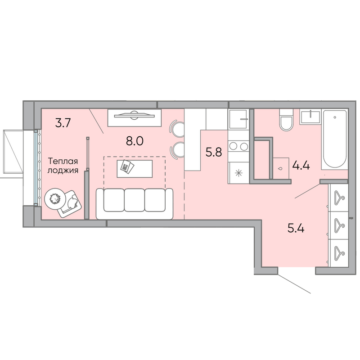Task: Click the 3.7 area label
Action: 63,123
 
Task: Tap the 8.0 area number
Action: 135,141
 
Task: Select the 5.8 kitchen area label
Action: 214,152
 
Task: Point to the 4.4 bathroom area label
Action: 301,165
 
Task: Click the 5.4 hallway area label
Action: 296,229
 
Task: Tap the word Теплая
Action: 63,161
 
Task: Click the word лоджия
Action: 63,171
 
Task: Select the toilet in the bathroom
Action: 286,120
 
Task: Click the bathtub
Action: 335,140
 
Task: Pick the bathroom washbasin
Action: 310,117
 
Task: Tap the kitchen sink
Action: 238,119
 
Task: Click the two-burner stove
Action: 238,146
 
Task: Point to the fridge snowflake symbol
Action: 239,172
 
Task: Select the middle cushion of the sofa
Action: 134,200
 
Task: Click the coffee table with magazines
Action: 135,169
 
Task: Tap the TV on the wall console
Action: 134,115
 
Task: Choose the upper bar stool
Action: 177,129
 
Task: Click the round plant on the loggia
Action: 54,199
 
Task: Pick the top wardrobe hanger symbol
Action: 339,198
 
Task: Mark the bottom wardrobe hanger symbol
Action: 339,253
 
